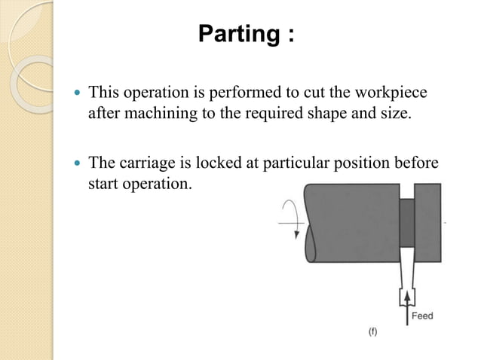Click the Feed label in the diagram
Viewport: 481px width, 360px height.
tap(422, 316)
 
